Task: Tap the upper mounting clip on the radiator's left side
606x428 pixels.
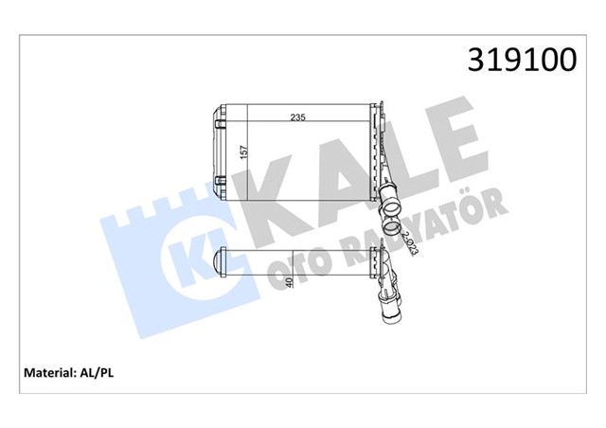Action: (221, 120)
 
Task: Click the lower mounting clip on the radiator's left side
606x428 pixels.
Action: (220, 179)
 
